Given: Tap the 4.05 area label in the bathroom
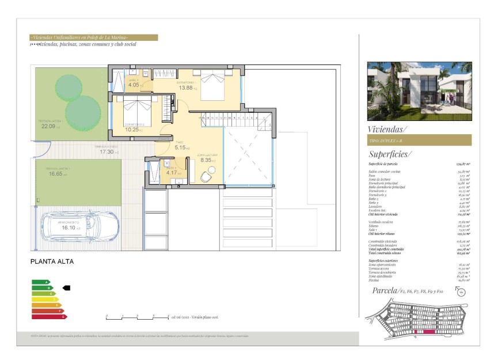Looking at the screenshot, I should [x=133, y=85].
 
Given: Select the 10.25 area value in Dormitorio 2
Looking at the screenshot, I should [x=132, y=130].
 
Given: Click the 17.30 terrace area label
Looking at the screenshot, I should [x=107, y=151].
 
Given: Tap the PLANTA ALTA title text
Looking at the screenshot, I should [x=52, y=261].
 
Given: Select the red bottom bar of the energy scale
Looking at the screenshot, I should [x=49, y=316].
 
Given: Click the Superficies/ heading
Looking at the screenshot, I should [x=389, y=154].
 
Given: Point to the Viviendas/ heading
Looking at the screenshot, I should [x=387, y=130].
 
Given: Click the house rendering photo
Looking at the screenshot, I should [x=419, y=91].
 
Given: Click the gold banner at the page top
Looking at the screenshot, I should [x=94, y=37].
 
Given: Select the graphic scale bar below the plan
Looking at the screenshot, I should [x=137, y=317].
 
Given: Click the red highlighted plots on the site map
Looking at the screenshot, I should [x=419, y=332].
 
